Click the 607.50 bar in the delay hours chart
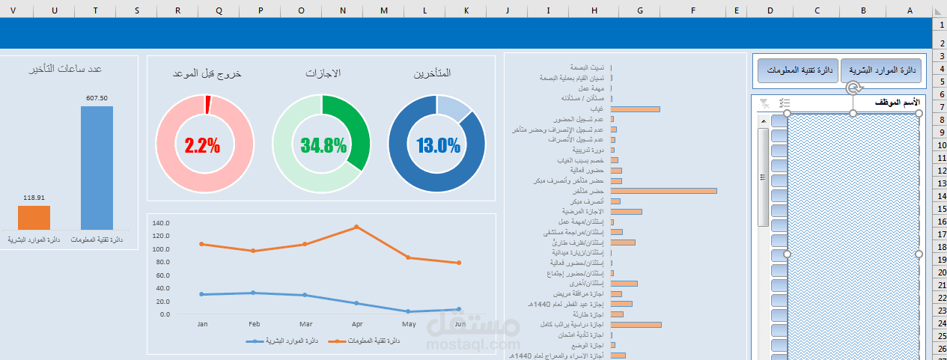(x=97, y=168)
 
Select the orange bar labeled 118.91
(x=34, y=218)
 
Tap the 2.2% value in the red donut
(x=202, y=145)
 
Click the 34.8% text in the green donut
(x=323, y=145)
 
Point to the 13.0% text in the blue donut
(x=438, y=145)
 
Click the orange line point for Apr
(x=356, y=227)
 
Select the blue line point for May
(x=408, y=311)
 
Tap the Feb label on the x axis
(x=254, y=325)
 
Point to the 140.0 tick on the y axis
(x=161, y=223)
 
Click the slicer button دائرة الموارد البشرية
(x=880, y=70)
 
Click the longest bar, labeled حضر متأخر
(x=664, y=191)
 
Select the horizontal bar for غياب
(x=636, y=109)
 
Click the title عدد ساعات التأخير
(x=66, y=69)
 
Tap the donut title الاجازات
(x=323, y=73)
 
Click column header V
(x=13, y=10)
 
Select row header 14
(x=940, y=195)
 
